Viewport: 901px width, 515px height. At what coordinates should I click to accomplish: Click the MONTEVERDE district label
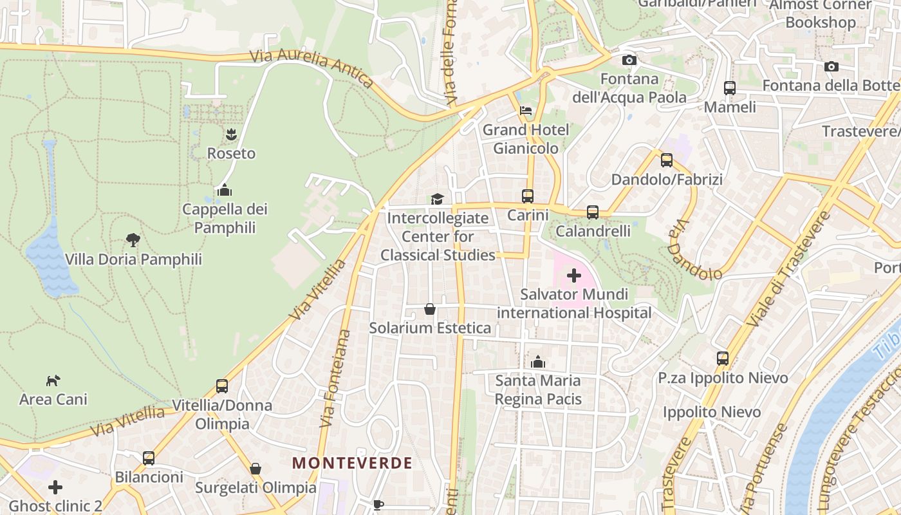point(352,463)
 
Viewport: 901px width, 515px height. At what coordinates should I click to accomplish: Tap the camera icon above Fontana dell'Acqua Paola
point(629,60)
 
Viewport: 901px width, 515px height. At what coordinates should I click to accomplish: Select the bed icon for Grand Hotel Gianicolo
point(526,110)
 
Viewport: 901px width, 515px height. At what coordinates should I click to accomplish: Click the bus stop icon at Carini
point(528,196)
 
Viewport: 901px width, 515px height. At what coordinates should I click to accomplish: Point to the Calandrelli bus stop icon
point(593,212)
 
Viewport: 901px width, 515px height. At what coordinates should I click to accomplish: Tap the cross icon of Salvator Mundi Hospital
point(573,276)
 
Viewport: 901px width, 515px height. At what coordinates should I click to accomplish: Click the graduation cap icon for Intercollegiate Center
point(438,199)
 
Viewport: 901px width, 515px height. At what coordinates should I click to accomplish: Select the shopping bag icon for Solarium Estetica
point(430,309)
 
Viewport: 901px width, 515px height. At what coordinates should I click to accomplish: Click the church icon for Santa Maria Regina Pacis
point(538,362)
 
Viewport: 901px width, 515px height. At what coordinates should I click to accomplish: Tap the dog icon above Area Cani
point(53,380)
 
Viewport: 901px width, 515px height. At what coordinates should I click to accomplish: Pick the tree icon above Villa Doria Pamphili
point(133,240)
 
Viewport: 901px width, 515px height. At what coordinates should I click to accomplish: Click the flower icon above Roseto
point(231,135)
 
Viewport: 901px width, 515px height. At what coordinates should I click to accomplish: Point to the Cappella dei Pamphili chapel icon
point(224,190)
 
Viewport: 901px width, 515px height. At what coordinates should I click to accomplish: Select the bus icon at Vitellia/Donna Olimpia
point(222,386)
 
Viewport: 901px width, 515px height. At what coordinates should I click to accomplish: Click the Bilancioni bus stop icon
point(149,458)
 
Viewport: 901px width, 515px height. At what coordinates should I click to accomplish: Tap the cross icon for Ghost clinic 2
point(55,487)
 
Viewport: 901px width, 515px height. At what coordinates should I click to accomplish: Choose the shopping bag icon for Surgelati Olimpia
point(255,469)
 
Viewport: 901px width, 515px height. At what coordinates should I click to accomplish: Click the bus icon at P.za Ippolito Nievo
point(723,359)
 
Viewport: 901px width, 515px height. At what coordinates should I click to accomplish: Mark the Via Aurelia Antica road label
point(311,67)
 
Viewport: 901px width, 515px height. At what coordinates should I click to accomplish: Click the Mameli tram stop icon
point(730,88)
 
